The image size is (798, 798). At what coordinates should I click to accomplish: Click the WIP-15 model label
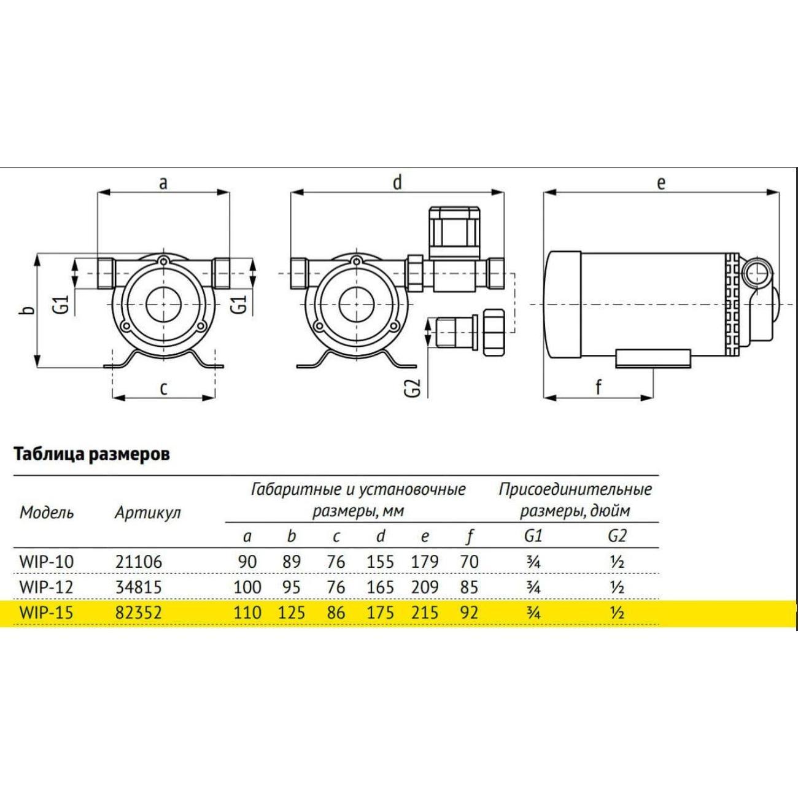click(x=46, y=613)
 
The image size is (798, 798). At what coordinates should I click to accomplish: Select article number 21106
click(x=138, y=562)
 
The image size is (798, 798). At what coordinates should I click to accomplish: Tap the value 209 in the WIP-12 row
click(x=425, y=587)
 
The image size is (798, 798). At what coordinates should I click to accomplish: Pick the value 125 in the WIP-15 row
click(x=292, y=613)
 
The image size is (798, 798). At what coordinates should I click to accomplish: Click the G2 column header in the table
click(x=617, y=536)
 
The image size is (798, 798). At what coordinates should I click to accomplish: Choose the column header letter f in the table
click(x=470, y=537)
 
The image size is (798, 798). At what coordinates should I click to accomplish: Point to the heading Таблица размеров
click(x=91, y=455)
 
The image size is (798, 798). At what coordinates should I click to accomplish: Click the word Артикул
click(x=147, y=513)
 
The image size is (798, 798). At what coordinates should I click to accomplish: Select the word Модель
click(x=47, y=513)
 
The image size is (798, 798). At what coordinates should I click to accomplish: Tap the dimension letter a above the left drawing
click(x=163, y=182)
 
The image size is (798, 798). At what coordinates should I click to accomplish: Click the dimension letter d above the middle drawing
click(x=398, y=182)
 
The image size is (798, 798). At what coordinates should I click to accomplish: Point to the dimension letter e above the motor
click(x=661, y=182)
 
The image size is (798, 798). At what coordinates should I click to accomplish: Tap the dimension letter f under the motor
click(x=598, y=387)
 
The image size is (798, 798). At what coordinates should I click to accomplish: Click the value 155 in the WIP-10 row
click(x=381, y=562)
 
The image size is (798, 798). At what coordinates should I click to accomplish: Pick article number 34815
click(x=138, y=587)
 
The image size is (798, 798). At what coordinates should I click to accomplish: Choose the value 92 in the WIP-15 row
click(x=469, y=613)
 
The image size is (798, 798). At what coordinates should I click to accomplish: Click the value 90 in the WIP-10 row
click(x=247, y=562)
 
